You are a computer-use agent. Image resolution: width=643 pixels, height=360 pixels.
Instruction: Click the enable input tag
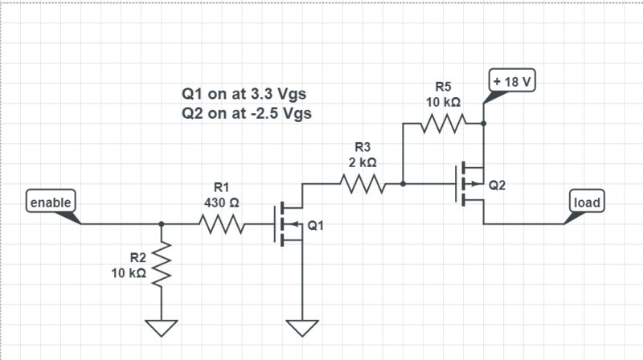pyautogui.click(x=51, y=202)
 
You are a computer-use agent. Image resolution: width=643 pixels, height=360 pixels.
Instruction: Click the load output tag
pyautogui.click(x=587, y=202)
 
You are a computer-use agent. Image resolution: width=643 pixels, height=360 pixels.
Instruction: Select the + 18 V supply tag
pyautogui.click(x=513, y=82)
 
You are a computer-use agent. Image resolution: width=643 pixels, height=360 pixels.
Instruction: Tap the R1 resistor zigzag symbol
pyautogui.click(x=220, y=224)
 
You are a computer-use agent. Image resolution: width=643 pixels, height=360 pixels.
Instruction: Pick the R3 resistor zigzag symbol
pyautogui.click(x=363, y=184)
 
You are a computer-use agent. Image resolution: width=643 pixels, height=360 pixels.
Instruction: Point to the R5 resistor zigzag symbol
pyautogui.click(x=443, y=124)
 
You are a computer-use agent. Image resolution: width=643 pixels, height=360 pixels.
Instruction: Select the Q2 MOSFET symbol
pyautogui.click(x=471, y=184)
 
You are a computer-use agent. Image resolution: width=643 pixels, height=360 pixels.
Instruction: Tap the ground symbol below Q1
pyautogui.click(x=302, y=327)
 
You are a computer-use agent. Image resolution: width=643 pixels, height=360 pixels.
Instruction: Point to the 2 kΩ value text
pyautogui.click(x=362, y=162)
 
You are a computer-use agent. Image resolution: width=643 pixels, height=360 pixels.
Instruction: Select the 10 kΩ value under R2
pyautogui.click(x=129, y=273)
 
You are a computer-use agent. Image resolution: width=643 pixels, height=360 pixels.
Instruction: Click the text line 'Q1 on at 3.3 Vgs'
pyautogui.click(x=247, y=94)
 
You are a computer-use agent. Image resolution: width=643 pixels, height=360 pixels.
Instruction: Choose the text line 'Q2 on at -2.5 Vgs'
pyautogui.click(x=247, y=113)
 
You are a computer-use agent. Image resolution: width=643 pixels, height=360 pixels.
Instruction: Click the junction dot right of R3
pyautogui.click(x=403, y=184)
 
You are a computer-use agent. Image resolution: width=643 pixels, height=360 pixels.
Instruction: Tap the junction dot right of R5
pyautogui.click(x=483, y=124)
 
